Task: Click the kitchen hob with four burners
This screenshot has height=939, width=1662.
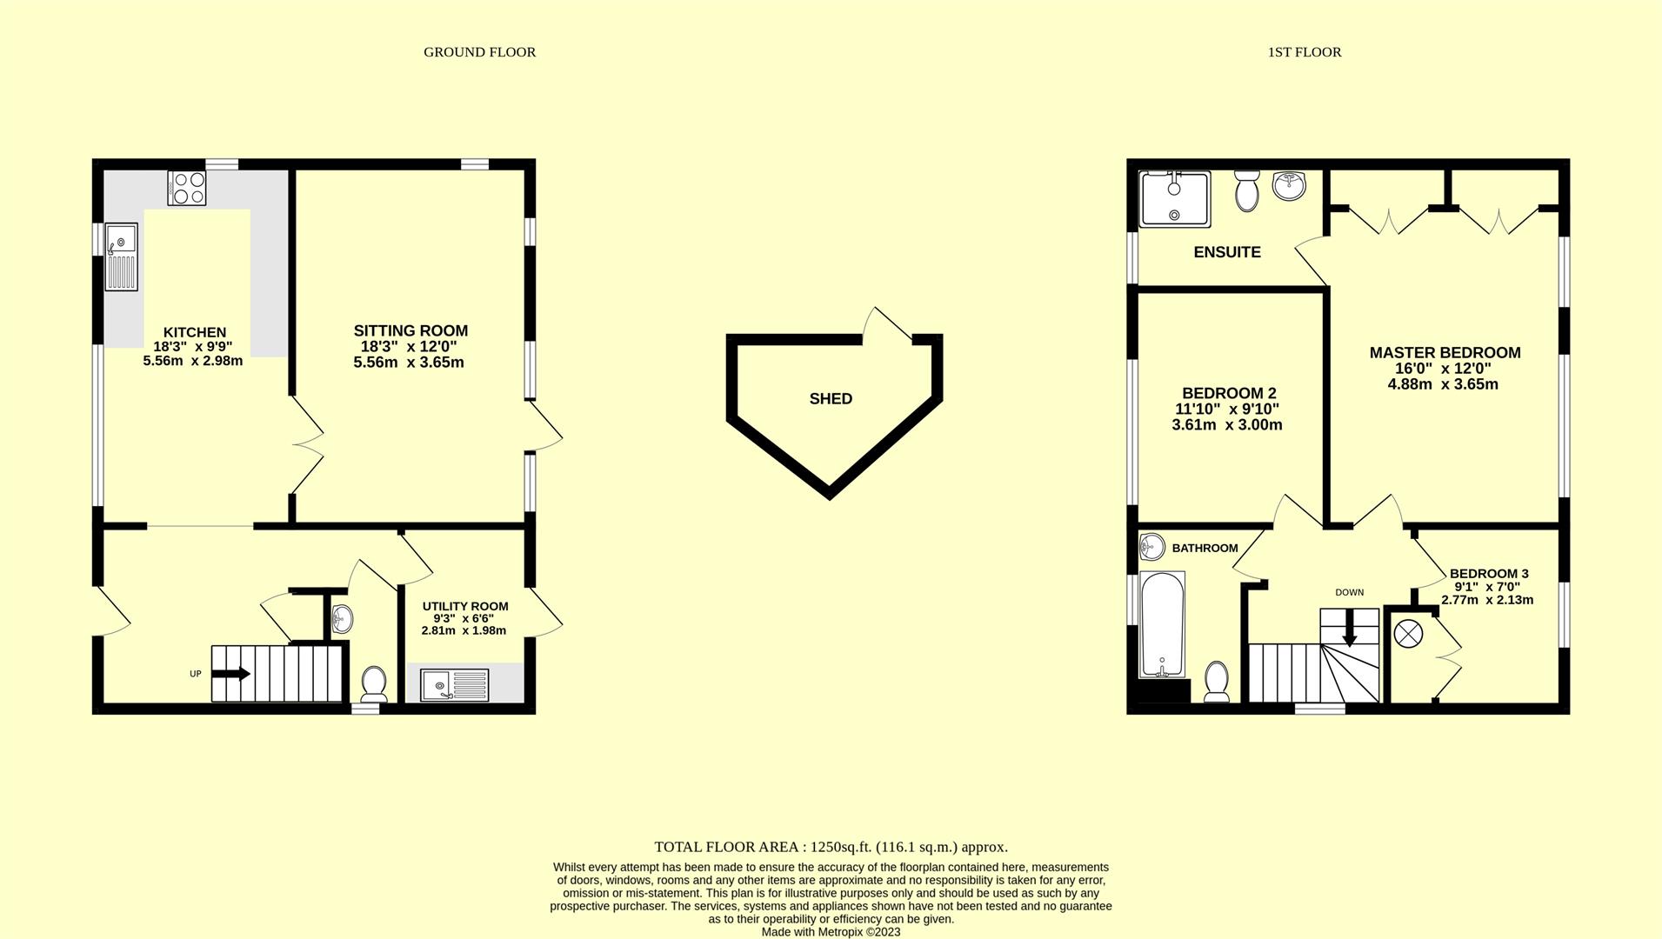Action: pos(187,188)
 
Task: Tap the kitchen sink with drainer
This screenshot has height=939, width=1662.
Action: pos(122,256)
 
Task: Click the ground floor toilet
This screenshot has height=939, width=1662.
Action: pos(374,683)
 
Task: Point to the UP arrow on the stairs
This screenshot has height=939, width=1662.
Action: pos(232,673)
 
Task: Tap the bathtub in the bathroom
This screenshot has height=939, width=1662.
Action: pos(1162,623)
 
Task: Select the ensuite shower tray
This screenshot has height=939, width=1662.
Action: pos(1174,198)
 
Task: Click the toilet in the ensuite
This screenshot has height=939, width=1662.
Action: pos(1247,190)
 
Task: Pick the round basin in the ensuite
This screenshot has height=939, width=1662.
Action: pos(1289,185)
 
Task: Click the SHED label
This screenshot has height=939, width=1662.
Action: pos(831,399)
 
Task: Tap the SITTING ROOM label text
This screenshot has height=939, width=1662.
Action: pos(410,331)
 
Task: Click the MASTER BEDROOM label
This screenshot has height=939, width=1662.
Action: pos(1445,353)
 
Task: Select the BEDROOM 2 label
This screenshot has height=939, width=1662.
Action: pos(1229,393)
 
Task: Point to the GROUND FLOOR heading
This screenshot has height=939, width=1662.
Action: pos(479,52)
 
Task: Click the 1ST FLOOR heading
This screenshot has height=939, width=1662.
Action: pos(1304,52)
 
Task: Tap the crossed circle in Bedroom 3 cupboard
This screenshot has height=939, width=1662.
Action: pos(1408,633)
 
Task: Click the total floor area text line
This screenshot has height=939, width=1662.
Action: pos(831,847)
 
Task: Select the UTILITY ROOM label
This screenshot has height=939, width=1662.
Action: pos(465,606)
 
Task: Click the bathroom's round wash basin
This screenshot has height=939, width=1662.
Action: pos(1151,547)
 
